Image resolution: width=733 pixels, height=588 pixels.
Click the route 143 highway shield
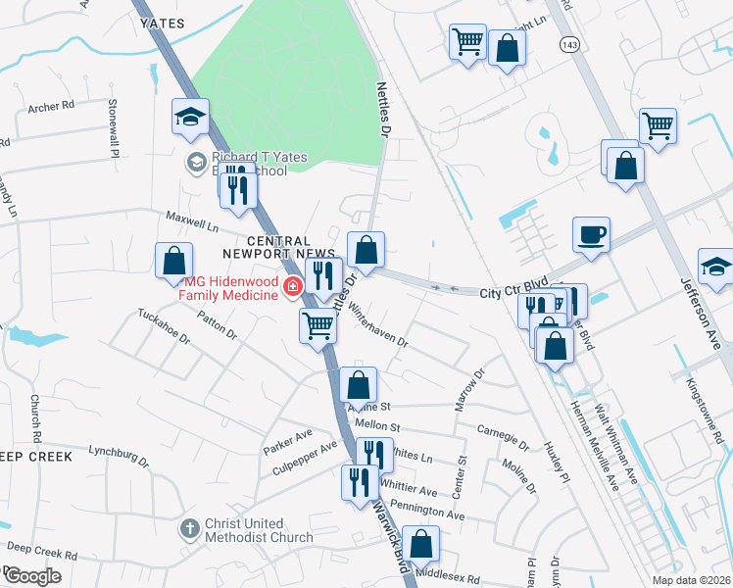pyautogui.click(x=569, y=44)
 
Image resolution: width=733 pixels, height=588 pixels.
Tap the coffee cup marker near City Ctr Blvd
pyautogui.click(x=592, y=235)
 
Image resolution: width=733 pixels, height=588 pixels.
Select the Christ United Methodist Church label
pyautogui.click(x=259, y=530)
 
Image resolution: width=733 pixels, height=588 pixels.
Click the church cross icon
pyautogui.click(x=191, y=529)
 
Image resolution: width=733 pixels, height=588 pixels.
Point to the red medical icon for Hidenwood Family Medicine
pyautogui.click(x=292, y=287)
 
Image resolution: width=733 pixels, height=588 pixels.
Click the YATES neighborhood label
pyautogui.click(x=163, y=22)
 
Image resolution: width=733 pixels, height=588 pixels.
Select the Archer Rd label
pyautogui.click(x=52, y=107)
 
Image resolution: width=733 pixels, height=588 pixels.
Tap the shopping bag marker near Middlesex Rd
pyautogui.click(x=420, y=544)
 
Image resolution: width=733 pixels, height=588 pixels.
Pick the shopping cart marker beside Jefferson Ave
pyautogui.click(x=658, y=125)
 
